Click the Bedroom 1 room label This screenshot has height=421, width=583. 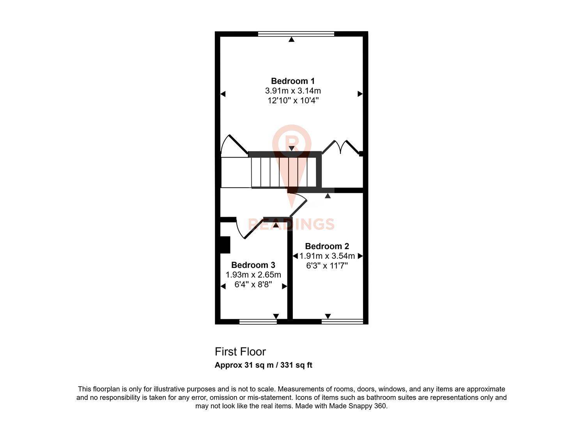click(x=292, y=81)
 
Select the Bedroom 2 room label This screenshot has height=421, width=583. click(x=327, y=246)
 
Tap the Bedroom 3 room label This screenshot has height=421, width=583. click(x=253, y=265)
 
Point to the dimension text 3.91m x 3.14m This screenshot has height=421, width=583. click(x=292, y=91)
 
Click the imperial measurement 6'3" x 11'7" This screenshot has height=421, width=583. click(x=327, y=266)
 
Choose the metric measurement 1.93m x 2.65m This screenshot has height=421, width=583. click(x=253, y=275)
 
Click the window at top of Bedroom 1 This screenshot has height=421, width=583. click(x=296, y=34)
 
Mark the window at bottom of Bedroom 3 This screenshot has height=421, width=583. click(x=258, y=322)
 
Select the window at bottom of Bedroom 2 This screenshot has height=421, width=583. click(x=342, y=322)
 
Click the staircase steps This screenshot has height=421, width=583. click(x=284, y=172)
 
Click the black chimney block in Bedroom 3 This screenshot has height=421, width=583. click(x=225, y=245)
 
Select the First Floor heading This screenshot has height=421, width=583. click(x=240, y=352)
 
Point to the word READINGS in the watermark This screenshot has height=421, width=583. click(x=291, y=224)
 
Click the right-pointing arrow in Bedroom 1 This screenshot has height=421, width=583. click(x=360, y=94)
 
